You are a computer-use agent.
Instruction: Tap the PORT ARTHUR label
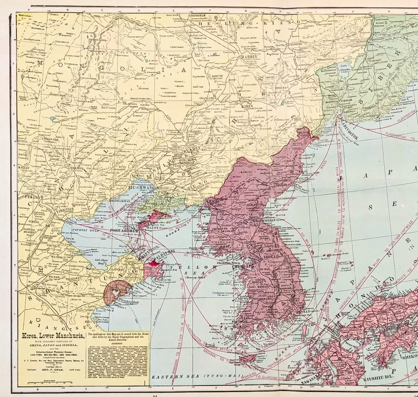(125, 230)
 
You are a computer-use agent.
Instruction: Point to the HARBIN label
(247, 57)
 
